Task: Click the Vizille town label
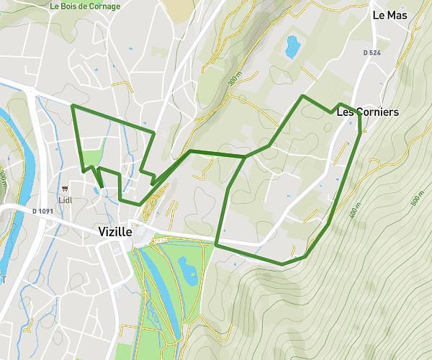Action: tap(114, 232)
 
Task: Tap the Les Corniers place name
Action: tap(367, 112)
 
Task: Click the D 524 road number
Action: tap(372, 53)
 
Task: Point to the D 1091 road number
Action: tap(44, 211)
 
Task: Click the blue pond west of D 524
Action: tap(292, 47)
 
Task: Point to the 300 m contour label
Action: tap(232, 81)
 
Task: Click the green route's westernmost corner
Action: tap(73, 106)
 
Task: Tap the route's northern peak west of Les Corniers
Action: tap(302, 96)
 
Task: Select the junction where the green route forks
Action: tap(245, 156)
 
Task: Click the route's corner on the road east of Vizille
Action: tap(216, 246)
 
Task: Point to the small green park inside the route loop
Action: tap(92, 155)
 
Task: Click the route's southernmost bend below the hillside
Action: tap(282, 264)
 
